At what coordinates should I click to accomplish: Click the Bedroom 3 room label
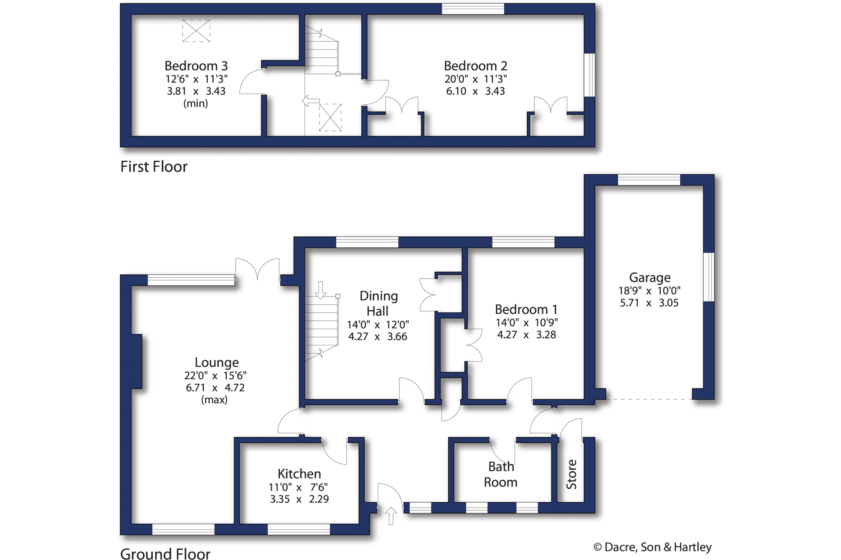tap(196, 66)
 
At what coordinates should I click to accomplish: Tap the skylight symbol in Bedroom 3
tap(196, 31)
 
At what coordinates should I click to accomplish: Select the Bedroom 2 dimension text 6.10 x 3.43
tap(475, 91)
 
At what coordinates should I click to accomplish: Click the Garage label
tap(650, 278)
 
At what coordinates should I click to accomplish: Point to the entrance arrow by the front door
tap(391, 516)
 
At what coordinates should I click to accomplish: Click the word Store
tap(572, 474)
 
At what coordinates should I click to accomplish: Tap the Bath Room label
tap(501, 474)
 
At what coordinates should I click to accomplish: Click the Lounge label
tap(217, 362)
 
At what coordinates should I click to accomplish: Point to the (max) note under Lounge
tap(214, 400)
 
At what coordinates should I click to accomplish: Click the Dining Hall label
tap(378, 304)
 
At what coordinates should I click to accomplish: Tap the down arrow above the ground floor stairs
tap(320, 290)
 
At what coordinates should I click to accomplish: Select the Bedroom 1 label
tap(526, 309)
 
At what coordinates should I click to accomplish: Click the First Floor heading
tap(154, 167)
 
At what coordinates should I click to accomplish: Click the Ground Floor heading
tap(165, 554)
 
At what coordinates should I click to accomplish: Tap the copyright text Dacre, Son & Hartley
tap(653, 547)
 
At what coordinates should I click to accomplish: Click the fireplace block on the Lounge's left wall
tap(136, 361)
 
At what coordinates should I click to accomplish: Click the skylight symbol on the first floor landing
tap(330, 117)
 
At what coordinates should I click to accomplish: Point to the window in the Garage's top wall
tap(649, 180)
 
